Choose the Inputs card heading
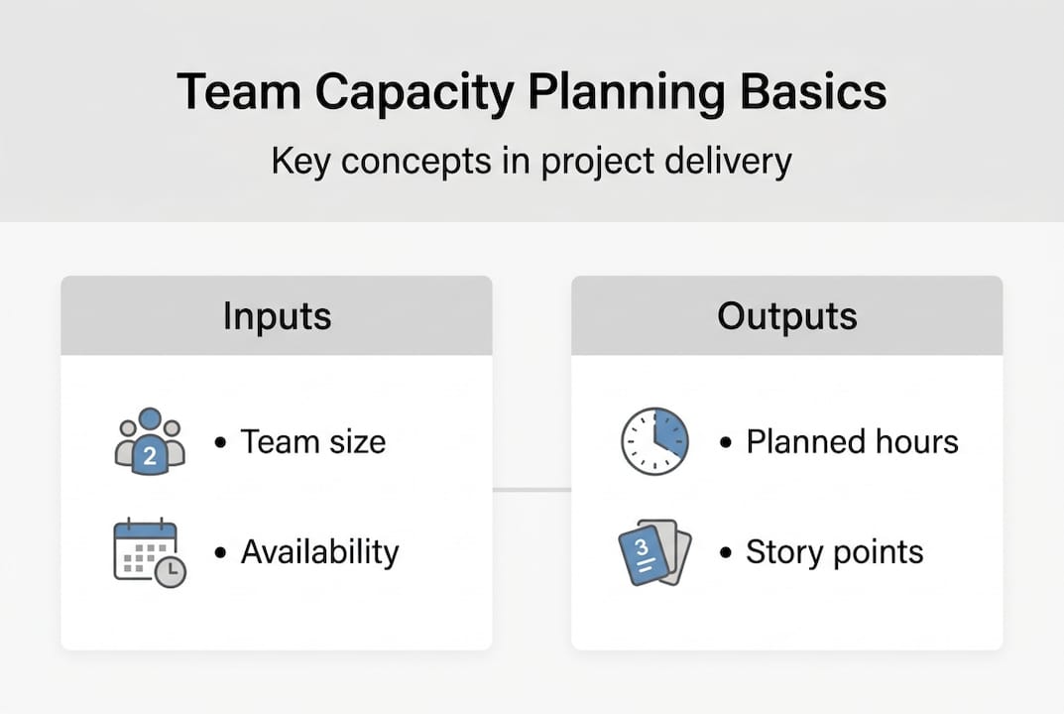click(277, 315)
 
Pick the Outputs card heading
click(787, 315)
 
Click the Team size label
click(312, 441)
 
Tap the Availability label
click(319, 551)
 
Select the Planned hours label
click(852, 441)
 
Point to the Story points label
click(834, 551)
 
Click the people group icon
click(150, 441)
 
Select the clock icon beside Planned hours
click(654, 441)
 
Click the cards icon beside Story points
click(654, 552)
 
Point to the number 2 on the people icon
click(150, 457)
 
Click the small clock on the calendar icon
click(171, 571)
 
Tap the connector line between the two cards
click(532, 489)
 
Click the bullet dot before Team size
click(220, 442)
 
